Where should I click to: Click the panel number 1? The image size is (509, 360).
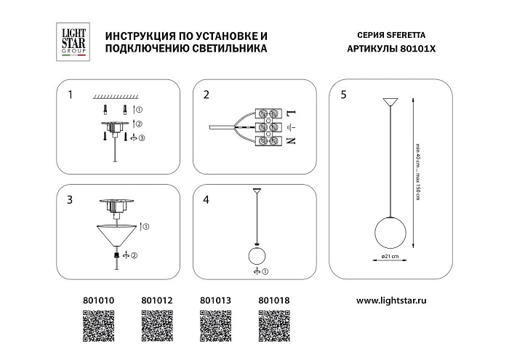(70, 95)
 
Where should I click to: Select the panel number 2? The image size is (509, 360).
(207, 95)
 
